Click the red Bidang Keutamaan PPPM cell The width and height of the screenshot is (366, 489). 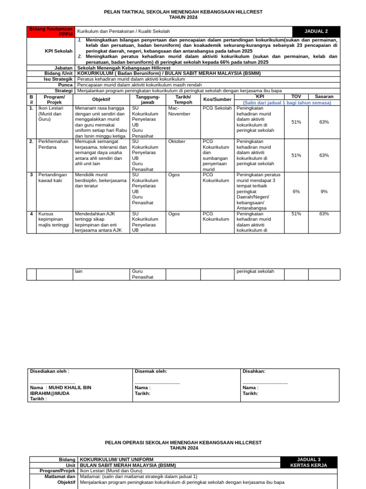(51, 31)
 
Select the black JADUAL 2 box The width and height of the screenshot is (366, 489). (316, 31)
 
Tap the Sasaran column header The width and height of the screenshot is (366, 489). (324, 96)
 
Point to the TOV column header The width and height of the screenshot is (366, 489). (296, 96)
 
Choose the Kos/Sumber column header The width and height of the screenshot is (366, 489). (217, 99)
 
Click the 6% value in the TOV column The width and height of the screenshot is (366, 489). (296, 191)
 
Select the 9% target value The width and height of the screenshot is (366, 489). (324, 191)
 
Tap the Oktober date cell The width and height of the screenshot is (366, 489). (177, 141)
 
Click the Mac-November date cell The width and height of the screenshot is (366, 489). (179, 111)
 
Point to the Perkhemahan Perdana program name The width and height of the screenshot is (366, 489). (53, 144)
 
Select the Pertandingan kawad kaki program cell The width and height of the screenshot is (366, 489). (53, 178)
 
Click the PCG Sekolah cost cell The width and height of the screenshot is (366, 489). (217, 108)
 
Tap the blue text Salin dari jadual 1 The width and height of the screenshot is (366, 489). (287, 103)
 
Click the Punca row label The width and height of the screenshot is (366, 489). (65, 85)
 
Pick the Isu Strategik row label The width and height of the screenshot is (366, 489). (58, 79)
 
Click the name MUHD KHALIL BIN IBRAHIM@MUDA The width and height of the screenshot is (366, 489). (61, 390)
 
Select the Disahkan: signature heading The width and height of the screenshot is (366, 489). (254, 371)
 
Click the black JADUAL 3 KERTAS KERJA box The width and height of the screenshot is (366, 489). (309, 462)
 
